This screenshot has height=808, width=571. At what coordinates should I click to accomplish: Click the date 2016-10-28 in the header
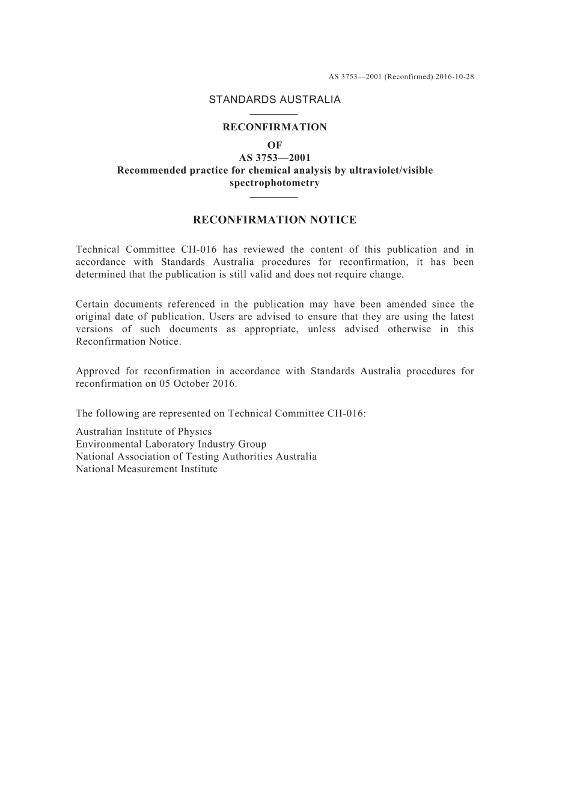(454, 77)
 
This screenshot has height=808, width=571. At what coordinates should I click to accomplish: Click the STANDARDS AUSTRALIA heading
(275, 100)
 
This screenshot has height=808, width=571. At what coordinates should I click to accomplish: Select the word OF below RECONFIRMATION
(275, 145)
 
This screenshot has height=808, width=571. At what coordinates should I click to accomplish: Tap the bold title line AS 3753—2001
(275, 157)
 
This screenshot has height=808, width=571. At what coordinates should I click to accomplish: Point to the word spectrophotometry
(275, 183)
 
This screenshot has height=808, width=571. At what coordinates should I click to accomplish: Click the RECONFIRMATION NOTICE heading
(275, 220)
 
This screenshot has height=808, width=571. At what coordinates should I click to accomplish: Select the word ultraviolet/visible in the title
(391, 170)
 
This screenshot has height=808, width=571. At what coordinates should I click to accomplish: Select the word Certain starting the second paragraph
(91, 304)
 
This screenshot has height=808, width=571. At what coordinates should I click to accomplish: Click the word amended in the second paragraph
(406, 304)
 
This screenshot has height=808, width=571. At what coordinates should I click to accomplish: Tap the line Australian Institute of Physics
(144, 431)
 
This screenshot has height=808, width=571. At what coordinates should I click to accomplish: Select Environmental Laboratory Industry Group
(171, 444)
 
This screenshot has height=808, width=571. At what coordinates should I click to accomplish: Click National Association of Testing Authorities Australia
(196, 457)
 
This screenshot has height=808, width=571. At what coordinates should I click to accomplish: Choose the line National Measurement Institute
(147, 469)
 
